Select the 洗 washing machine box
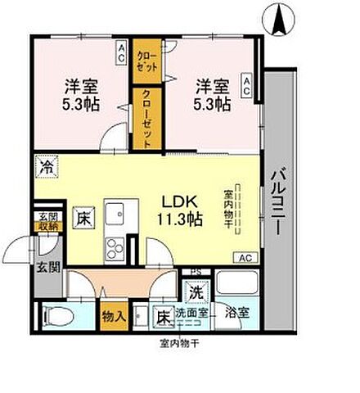(x=196, y=292)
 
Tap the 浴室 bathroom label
(x=237, y=314)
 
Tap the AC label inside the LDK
(x=245, y=258)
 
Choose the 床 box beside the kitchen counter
(x=83, y=219)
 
